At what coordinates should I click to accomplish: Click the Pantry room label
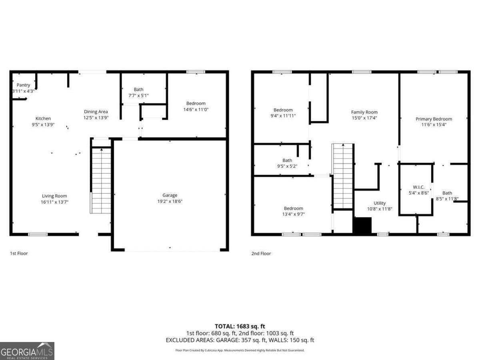(x=23, y=85)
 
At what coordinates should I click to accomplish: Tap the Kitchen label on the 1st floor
(x=43, y=118)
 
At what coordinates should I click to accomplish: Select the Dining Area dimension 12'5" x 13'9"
(x=96, y=118)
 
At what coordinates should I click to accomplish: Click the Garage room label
(x=170, y=195)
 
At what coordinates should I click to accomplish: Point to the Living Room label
(x=54, y=196)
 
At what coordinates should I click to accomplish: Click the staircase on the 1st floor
(x=101, y=180)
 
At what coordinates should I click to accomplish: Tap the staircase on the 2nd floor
(x=343, y=176)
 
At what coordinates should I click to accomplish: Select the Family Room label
(x=364, y=112)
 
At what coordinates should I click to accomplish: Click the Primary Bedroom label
(x=434, y=119)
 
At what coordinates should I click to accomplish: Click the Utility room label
(x=380, y=203)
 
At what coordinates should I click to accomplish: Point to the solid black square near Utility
(x=362, y=225)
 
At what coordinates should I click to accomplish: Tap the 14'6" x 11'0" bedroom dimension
(x=196, y=109)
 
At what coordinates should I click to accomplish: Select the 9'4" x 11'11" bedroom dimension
(x=283, y=116)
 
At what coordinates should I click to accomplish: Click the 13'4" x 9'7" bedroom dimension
(x=293, y=214)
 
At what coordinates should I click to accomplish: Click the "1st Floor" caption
(x=19, y=253)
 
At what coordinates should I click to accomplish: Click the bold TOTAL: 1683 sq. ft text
(x=240, y=326)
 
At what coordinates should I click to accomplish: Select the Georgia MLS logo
(x=27, y=351)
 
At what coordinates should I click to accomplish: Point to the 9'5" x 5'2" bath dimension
(x=287, y=166)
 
